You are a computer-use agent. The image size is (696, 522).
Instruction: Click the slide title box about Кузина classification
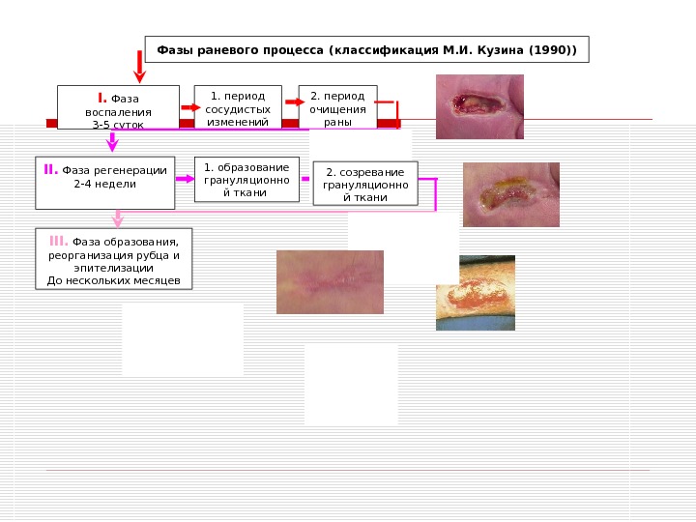[x=366, y=49]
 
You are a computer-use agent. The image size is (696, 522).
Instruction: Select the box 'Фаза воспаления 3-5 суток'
[x=118, y=106]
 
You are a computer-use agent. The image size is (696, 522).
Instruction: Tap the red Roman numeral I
[x=101, y=98]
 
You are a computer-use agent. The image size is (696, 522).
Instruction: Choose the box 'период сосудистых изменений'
[x=238, y=106]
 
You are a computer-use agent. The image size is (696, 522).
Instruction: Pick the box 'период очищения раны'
[x=336, y=106]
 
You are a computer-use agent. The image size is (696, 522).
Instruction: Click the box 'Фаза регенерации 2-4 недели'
[x=104, y=182]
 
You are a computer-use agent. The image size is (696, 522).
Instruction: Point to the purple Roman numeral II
[x=51, y=170]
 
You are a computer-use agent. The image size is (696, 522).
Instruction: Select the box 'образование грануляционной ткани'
[x=246, y=180]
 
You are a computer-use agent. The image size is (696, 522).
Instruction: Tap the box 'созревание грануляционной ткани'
[x=365, y=184]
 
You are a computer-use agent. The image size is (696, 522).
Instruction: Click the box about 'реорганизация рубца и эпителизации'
[x=114, y=259]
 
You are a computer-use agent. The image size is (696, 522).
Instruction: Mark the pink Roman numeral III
[x=58, y=240]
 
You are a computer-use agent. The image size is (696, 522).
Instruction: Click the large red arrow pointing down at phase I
[x=140, y=65]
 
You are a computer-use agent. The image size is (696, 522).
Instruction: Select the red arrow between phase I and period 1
[x=187, y=101]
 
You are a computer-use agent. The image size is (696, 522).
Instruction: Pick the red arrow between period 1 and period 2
[x=290, y=100]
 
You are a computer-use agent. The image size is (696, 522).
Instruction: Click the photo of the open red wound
[x=479, y=106]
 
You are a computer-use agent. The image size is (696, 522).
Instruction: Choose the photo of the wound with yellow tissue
[x=510, y=194]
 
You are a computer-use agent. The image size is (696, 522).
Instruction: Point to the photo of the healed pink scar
[x=330, y=281]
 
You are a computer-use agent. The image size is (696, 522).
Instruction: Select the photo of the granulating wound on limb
[x=475, y=293]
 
